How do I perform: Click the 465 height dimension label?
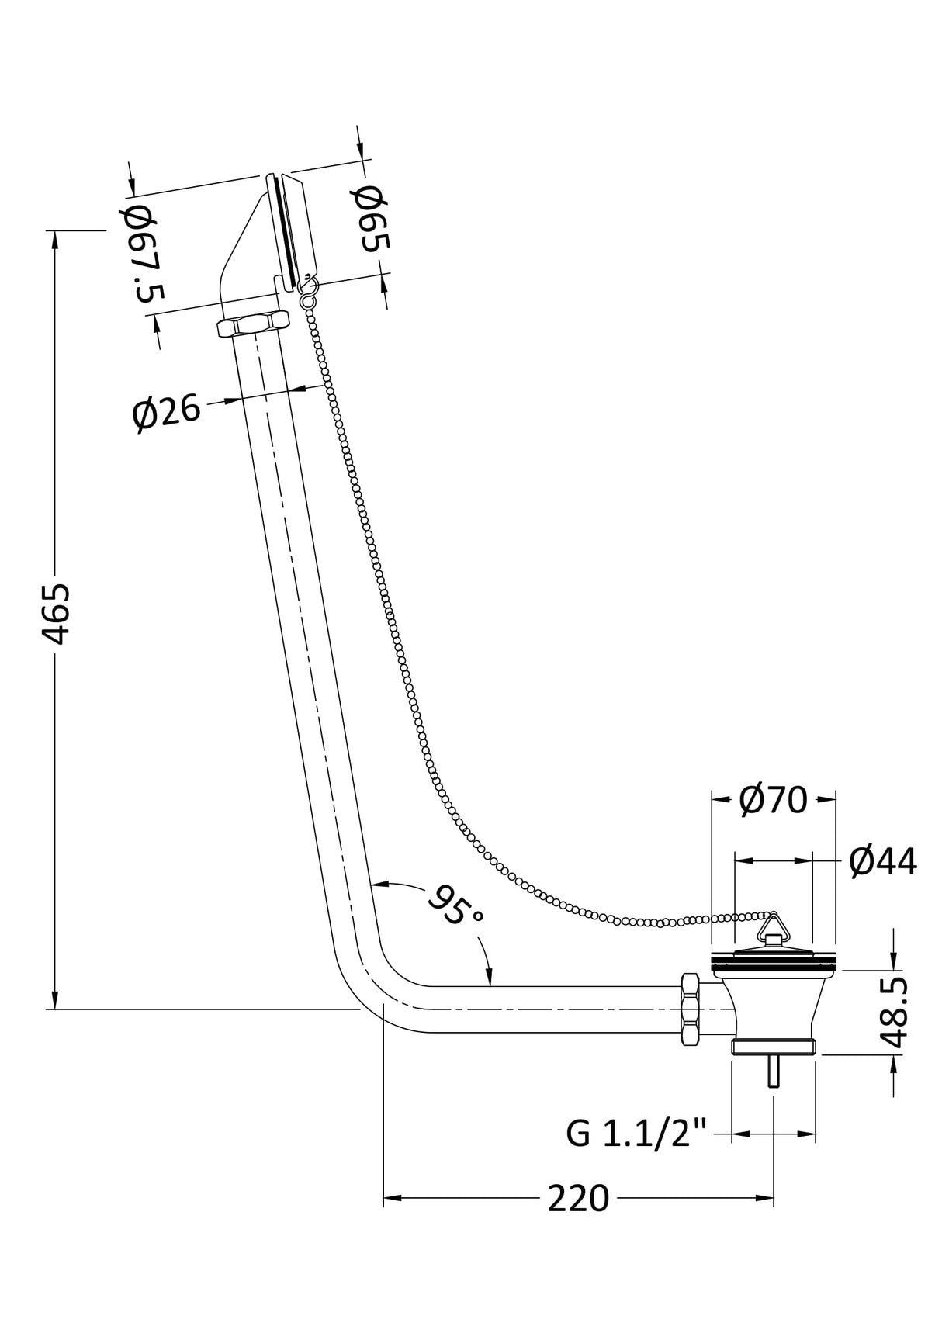click(56, 614)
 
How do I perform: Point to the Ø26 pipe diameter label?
click(166, 413)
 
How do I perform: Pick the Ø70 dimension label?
click(774, 799)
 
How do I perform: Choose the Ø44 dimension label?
click(883, 861)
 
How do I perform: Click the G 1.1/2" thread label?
click(636, 1134)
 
